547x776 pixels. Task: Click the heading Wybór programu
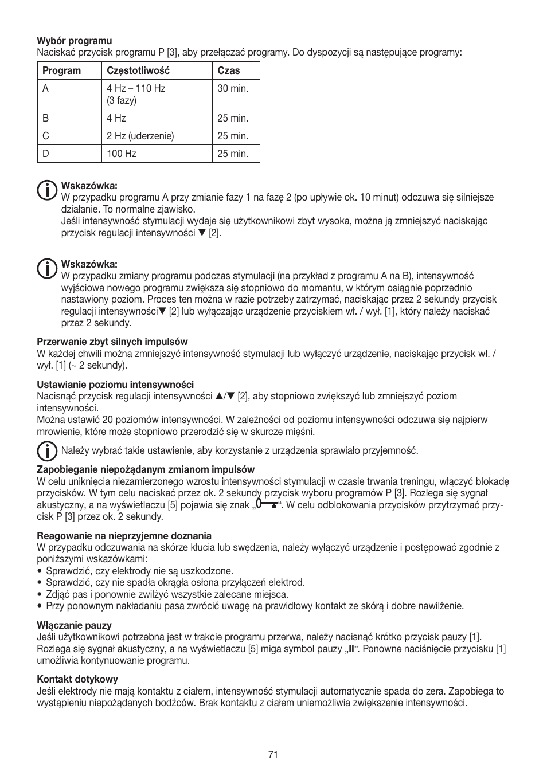pos(75,41)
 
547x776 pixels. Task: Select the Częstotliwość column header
pos(138,71)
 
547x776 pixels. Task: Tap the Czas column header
pos(229,71)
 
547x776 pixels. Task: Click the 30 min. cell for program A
pos(233,88)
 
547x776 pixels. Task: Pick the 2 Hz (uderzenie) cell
pos(140,136)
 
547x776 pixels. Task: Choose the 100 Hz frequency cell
pos(122,154)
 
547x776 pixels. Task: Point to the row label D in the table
pos(46,154)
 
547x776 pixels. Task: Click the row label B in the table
pos(46,118)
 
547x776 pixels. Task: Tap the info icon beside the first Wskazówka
pos(46,191)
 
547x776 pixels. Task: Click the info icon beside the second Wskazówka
pos(46,269)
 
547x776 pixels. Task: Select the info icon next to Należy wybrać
pos(46,450)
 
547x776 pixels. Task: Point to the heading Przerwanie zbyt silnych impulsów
pos(112,342)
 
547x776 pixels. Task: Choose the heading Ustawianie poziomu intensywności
pos(115,385)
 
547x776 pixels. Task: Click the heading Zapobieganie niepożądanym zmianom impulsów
pos(146,469)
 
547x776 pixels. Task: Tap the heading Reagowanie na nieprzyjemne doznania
pos(124,536)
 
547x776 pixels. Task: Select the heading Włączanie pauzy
pos(75,625)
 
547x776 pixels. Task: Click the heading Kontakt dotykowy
pos(77,679)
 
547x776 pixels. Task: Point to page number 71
pos(273,755)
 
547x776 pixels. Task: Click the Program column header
pos(62,71)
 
